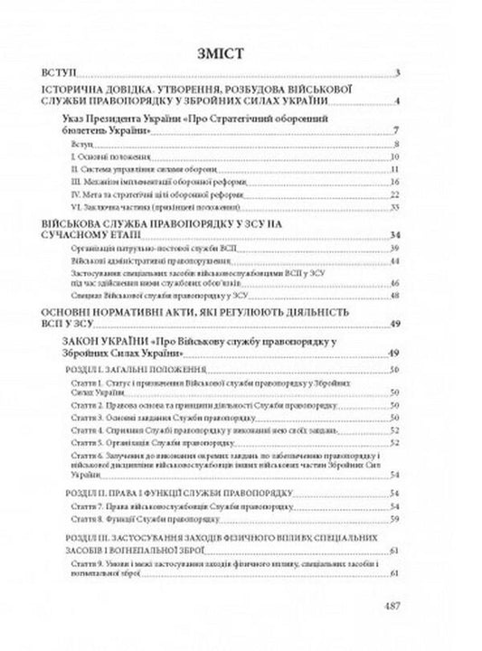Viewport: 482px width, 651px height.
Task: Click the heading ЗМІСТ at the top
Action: pyautogui.click(x=241, y=51)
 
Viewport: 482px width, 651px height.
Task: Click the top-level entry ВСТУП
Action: pyautogui.click(x=58, y=73)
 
